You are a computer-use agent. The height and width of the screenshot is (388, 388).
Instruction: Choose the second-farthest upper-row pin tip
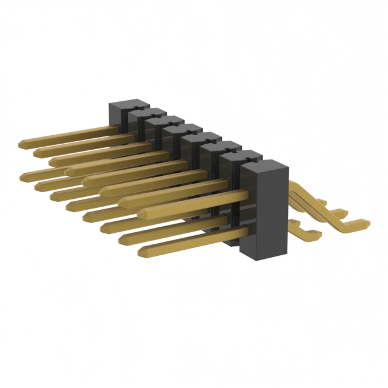tap(38, 150)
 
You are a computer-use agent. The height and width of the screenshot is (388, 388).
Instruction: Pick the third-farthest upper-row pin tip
tap(53, 161)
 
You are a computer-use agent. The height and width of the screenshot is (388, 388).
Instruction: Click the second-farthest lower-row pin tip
tap(38, 184)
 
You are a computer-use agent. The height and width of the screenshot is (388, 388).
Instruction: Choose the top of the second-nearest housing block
tap(240, 156)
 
